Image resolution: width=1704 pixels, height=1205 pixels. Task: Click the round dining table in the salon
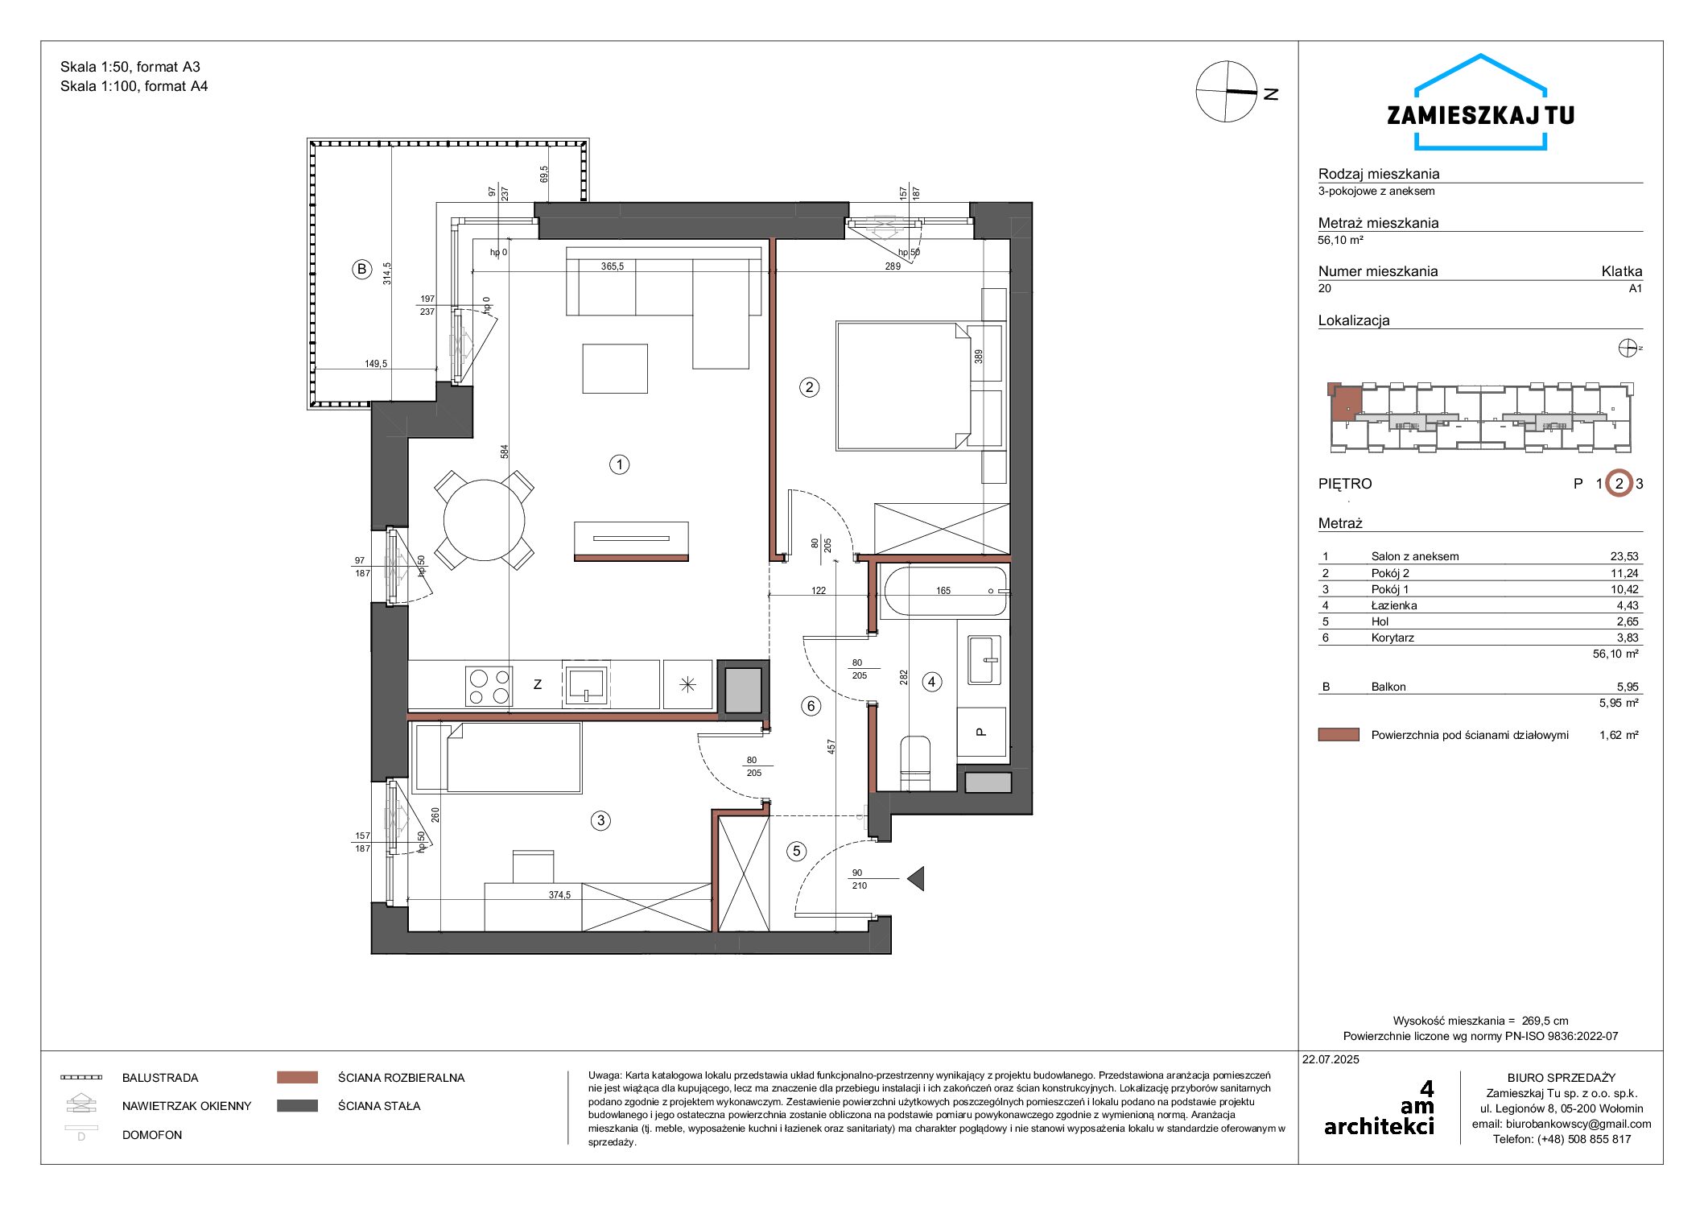485,520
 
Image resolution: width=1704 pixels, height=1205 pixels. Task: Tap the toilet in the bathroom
914,762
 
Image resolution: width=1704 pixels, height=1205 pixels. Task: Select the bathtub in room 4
944,592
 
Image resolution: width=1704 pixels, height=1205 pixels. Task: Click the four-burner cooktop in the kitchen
489,686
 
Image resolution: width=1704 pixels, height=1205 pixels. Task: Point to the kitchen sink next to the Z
586,683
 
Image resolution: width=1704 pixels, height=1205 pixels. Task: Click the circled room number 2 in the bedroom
809,387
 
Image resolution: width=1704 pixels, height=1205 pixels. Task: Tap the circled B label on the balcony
362,270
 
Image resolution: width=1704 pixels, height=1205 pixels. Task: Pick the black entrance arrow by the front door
915,878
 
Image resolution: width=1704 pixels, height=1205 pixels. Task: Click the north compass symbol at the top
1227,92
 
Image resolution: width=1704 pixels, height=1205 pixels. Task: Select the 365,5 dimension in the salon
613,266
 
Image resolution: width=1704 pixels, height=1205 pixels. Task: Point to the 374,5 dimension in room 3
559,894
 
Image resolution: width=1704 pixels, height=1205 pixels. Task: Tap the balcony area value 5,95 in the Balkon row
1628,687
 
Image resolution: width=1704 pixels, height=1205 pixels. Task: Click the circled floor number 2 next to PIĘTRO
1619,484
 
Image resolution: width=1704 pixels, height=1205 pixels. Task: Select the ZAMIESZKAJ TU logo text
1480,115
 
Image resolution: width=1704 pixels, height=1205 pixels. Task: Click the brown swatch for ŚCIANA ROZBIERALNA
297,1077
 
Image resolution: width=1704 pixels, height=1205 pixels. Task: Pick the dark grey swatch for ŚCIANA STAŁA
297,1106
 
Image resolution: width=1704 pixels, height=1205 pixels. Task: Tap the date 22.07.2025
1331,1059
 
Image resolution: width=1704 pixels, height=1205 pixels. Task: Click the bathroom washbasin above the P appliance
984,660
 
